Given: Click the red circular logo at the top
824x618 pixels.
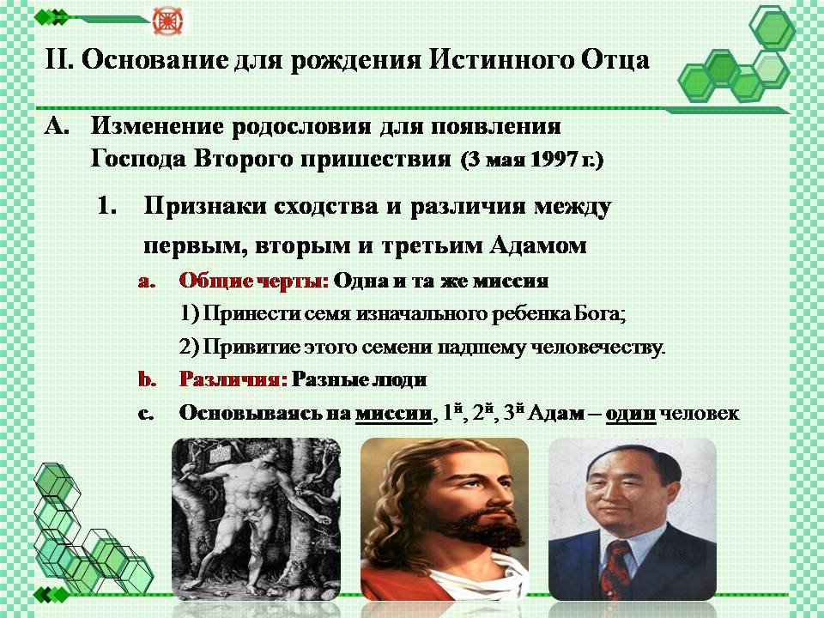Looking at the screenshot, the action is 167,21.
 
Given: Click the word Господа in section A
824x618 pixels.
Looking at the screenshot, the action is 138,159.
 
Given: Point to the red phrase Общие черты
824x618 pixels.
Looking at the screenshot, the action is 254,282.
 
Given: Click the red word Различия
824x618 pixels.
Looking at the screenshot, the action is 233,379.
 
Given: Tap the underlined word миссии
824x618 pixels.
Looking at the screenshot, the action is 394,414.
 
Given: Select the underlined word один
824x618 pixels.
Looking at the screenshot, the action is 631,414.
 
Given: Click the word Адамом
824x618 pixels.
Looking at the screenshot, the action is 538,245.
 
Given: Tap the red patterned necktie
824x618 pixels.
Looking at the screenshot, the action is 615,569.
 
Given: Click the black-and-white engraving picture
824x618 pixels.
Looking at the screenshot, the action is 256,518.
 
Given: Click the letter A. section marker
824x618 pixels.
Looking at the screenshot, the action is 57,127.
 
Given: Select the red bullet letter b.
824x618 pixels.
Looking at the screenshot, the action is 148,379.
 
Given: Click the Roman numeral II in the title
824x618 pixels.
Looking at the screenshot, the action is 59,59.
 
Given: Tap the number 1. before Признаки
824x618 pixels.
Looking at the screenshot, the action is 107,206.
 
